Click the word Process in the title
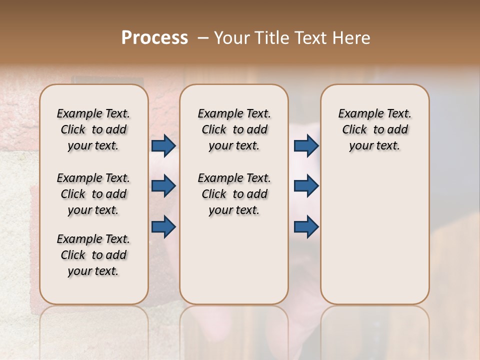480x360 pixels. pyautogui.click(x=154, y=38)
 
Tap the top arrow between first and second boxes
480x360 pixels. pyautogui.click(x=163, y=145)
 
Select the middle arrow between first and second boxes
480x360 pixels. pyautogui.click(x=163, y=186)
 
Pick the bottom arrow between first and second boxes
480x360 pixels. pyautogui.click(x=163, y=226)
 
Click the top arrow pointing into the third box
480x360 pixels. pyautogui.click(x=306, y=145)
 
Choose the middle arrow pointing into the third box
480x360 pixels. pyautogui.click(x=306, y=186)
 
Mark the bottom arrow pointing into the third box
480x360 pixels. pyautogui.click(x=306, y=226)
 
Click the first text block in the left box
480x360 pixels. pyautogui.click(x=93, y=129)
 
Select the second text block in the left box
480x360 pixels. pyautogui.click(x=93, y=194)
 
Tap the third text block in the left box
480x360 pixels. pyautogui.click(x=93, y=255)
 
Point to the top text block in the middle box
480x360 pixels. pyautogui.click(x=234, y=129)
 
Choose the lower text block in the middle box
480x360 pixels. pyautogui.click(x=234, y=194)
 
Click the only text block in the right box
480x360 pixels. pyautogui.click(x=374, y=129)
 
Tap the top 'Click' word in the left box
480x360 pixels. pyautogui.click(x=73, y=130)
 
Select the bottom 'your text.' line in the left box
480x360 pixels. pyautogui.click(x=93, y=271)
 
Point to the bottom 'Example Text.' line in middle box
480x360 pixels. pyautogui.click(x=234, y=178)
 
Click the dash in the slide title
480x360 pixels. pyautogui.click(x=203, y=38)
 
